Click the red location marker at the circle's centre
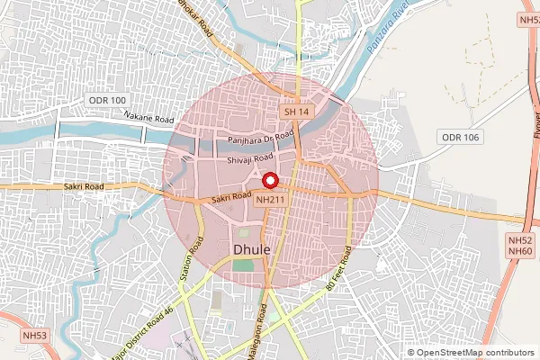[x=268, y=180]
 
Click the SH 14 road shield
[x=296, y=112]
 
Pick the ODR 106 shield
[x=461, y=136]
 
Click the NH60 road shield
[x=520, y=250]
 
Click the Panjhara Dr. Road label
[x=262, y=137]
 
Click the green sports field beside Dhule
[x=243, y=265]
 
